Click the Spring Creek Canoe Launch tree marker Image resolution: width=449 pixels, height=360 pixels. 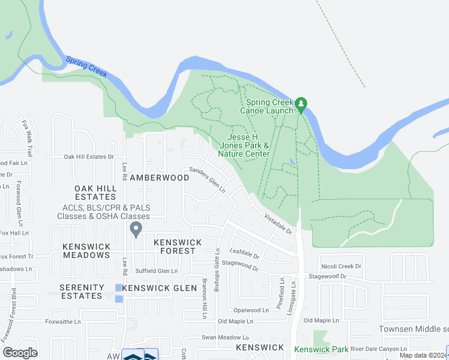click(301, 104)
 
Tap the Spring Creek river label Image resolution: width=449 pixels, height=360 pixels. click(86, 66)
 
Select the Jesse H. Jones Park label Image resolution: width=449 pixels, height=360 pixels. click(244, 145)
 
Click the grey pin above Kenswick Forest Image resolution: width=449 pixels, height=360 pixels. click(136, 229)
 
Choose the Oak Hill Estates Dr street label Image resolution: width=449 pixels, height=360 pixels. click(89, 157)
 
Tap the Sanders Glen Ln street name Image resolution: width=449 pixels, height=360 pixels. click(207, 179)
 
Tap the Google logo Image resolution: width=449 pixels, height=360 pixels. click(20, 353)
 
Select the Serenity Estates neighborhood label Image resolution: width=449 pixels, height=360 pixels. click(81, 292)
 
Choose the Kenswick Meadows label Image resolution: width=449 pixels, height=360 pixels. click(86, 251)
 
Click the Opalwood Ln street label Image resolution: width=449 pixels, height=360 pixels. click(252, 310)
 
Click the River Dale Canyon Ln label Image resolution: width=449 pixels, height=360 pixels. click(379, 349)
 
